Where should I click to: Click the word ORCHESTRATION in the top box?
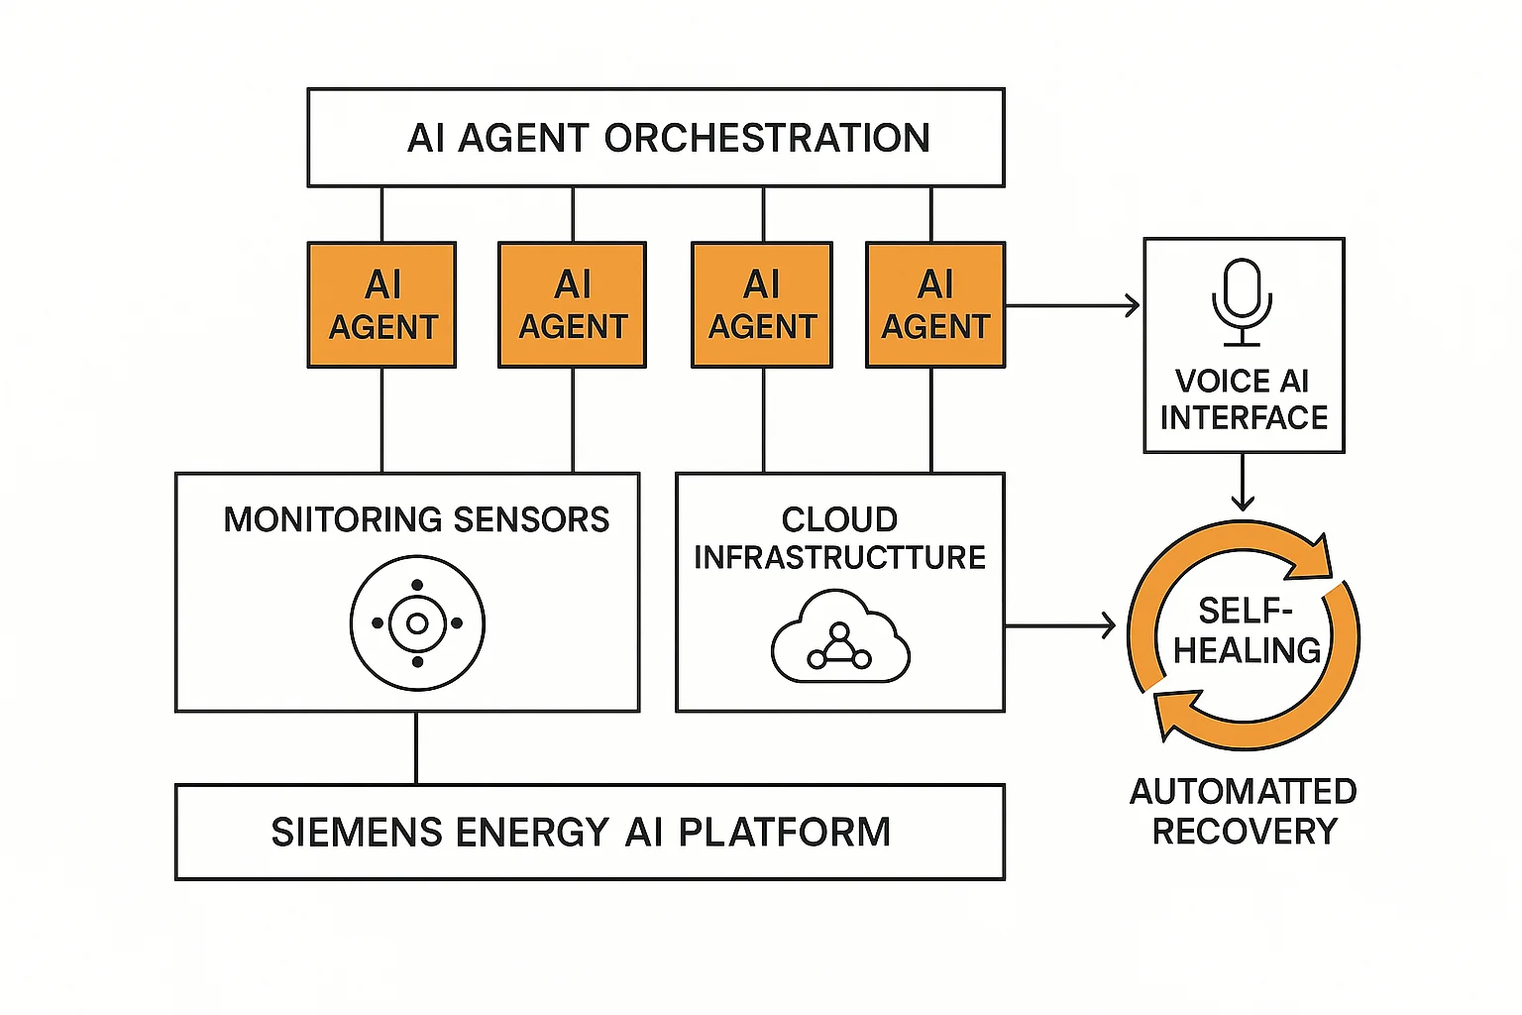click(767, 139)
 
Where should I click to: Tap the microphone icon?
click(1242, 300)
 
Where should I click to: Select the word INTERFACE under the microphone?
click(1244, 418)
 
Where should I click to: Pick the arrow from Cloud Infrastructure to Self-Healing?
click(1061, 625)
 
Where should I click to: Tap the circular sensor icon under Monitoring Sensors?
click(417, 623)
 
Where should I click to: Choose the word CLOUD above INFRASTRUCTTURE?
click(839, 519)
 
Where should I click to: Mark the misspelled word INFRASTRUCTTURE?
click(839, 558)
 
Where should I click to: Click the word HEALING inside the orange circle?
click(1247, 650)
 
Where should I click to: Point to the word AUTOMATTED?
click(1243, 792)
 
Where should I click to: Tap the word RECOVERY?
click(1245, 832)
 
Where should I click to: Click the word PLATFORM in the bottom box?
click(784, 833)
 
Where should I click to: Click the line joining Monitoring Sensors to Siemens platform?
click(416, 748)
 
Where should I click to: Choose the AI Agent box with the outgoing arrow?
click(935, 305)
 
